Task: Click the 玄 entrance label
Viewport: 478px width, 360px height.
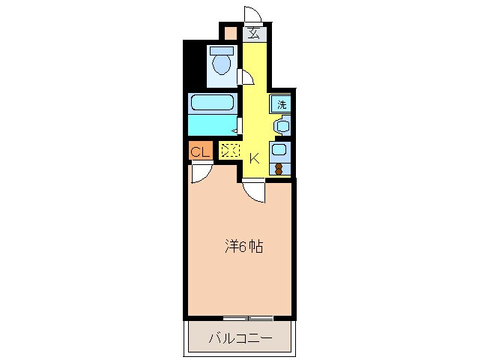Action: click(255, 32)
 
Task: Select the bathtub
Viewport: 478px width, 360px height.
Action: click(212, 103)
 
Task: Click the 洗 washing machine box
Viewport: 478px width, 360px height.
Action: click(282, 104)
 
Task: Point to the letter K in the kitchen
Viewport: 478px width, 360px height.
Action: click(254, 157)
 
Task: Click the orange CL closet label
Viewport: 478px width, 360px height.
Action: click(199, 151)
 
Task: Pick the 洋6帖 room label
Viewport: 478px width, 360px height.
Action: click(244, 246)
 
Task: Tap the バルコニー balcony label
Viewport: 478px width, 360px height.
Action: click(239, 338)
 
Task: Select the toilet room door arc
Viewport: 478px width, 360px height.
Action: click(243, 76)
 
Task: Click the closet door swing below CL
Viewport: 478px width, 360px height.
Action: click(200, 172)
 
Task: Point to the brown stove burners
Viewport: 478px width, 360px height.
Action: click(279, 168)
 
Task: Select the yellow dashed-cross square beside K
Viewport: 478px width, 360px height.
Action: click(229, 150)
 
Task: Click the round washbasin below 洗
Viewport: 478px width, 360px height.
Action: click(281, 126)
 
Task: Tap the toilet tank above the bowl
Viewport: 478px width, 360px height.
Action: click(221, 51)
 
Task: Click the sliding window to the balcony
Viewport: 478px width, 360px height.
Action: click(240, 318)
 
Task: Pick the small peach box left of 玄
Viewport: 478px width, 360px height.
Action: click(230, 33)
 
